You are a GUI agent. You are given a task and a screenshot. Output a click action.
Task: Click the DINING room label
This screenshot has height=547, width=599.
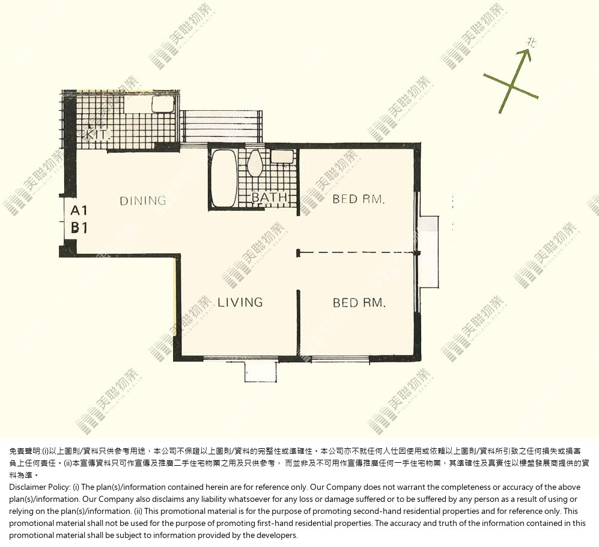143,200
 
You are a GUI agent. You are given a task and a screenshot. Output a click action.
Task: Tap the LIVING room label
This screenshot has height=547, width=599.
240,302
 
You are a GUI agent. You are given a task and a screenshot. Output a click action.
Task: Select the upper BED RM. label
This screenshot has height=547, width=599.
358,199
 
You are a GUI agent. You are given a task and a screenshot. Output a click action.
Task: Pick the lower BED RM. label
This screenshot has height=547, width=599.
359,303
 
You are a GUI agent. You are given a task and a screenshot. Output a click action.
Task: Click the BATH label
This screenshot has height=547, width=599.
269,197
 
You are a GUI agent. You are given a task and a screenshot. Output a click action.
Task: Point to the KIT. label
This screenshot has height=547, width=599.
98,135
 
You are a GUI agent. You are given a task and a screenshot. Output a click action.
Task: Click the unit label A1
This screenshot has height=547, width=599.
79,211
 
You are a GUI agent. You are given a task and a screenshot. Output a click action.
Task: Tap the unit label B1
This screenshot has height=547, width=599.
79,227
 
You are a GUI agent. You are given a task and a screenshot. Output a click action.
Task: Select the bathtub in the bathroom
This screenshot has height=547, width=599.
225,178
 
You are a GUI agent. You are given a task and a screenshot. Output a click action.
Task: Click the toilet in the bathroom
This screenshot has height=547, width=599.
254,162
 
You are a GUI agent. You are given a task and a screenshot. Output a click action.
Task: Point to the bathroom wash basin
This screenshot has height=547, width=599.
282,156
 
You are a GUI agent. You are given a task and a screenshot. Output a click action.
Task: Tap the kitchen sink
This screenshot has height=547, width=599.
163,104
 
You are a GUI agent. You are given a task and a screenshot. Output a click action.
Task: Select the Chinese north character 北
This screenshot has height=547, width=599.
531,42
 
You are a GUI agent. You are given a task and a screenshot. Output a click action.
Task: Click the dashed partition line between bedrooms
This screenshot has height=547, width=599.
356,253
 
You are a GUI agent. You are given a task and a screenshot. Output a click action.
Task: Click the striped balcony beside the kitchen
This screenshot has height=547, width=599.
221,126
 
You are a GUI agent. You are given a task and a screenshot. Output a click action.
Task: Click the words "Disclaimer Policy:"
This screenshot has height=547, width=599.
40,487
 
